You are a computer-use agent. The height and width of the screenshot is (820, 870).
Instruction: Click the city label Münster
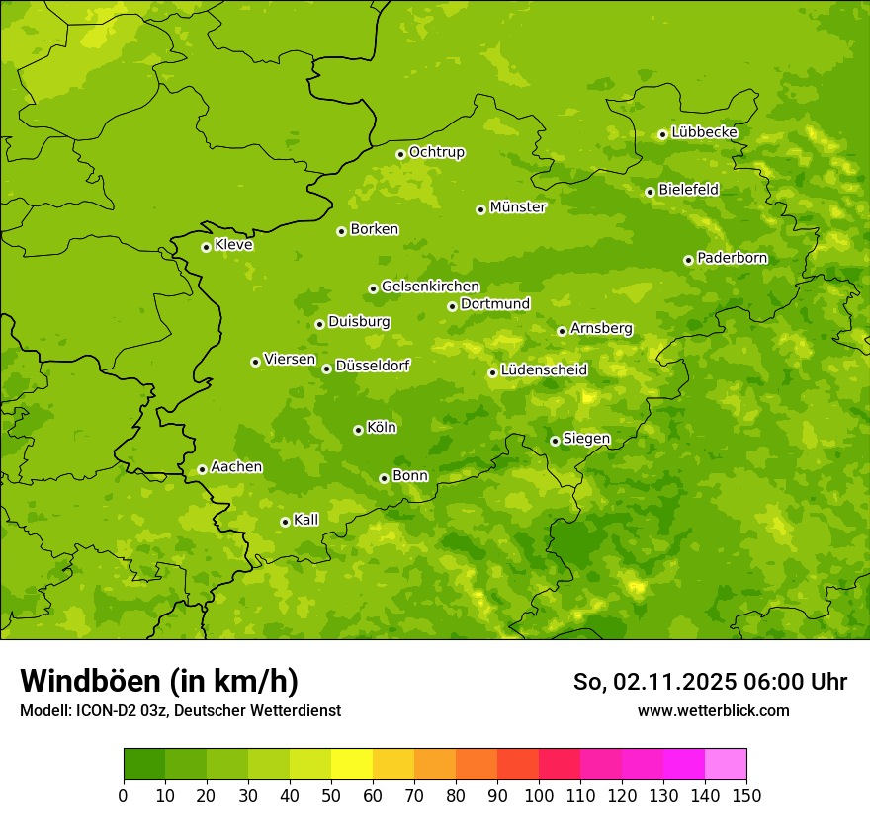point(517,207)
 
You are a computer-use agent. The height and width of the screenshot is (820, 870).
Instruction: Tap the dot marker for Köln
point(358,430)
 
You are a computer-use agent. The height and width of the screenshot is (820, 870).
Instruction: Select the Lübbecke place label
point(704,132)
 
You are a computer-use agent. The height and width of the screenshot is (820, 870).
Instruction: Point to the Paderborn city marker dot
point(688,260)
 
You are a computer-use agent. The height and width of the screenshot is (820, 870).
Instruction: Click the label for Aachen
point(236,467)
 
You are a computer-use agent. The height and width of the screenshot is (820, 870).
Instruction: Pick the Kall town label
point(306,520)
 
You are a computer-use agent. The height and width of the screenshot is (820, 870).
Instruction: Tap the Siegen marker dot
point(555,441)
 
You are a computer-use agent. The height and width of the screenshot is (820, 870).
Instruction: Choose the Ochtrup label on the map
point(436,152)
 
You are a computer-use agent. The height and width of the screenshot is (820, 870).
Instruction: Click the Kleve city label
point(233,245)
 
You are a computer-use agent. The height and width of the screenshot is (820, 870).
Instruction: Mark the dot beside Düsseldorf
point(326,369)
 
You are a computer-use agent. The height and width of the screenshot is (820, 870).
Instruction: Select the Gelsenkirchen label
point(430,287)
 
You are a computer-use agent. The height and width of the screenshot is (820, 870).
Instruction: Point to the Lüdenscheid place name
point(544,370)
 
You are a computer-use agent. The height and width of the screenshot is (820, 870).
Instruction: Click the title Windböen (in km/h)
point(159,681)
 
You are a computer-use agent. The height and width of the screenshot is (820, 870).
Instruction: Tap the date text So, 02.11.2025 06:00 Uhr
point(710,682)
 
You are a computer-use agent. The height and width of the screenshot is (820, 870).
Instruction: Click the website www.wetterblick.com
point(713,710)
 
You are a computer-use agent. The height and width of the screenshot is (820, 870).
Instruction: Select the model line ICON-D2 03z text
point(180,710)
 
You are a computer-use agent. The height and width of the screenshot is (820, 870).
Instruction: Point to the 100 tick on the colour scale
point(539,795)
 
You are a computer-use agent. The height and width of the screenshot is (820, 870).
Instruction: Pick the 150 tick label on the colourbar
point(746,795)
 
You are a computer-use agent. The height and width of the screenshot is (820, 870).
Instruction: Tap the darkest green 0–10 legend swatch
point(144,765)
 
